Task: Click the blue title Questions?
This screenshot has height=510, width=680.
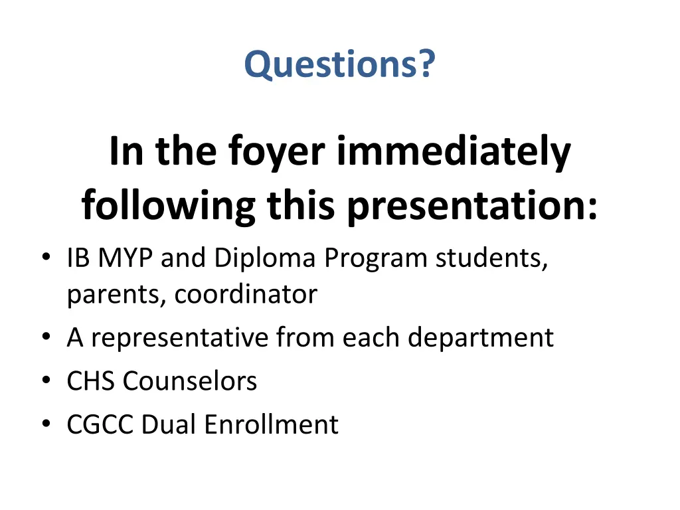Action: [340, 64]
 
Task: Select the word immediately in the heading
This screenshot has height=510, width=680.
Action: [454, 151]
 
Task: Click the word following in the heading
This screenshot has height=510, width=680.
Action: [169, 207]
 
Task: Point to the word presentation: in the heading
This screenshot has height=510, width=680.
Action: [472, 207]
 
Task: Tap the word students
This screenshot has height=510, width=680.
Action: [491, 258]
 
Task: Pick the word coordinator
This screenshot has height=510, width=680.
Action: [246, 294]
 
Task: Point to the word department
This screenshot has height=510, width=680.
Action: [480, 338]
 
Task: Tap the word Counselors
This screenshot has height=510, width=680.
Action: [190, 381]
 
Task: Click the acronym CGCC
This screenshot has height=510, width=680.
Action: [100, 424]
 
